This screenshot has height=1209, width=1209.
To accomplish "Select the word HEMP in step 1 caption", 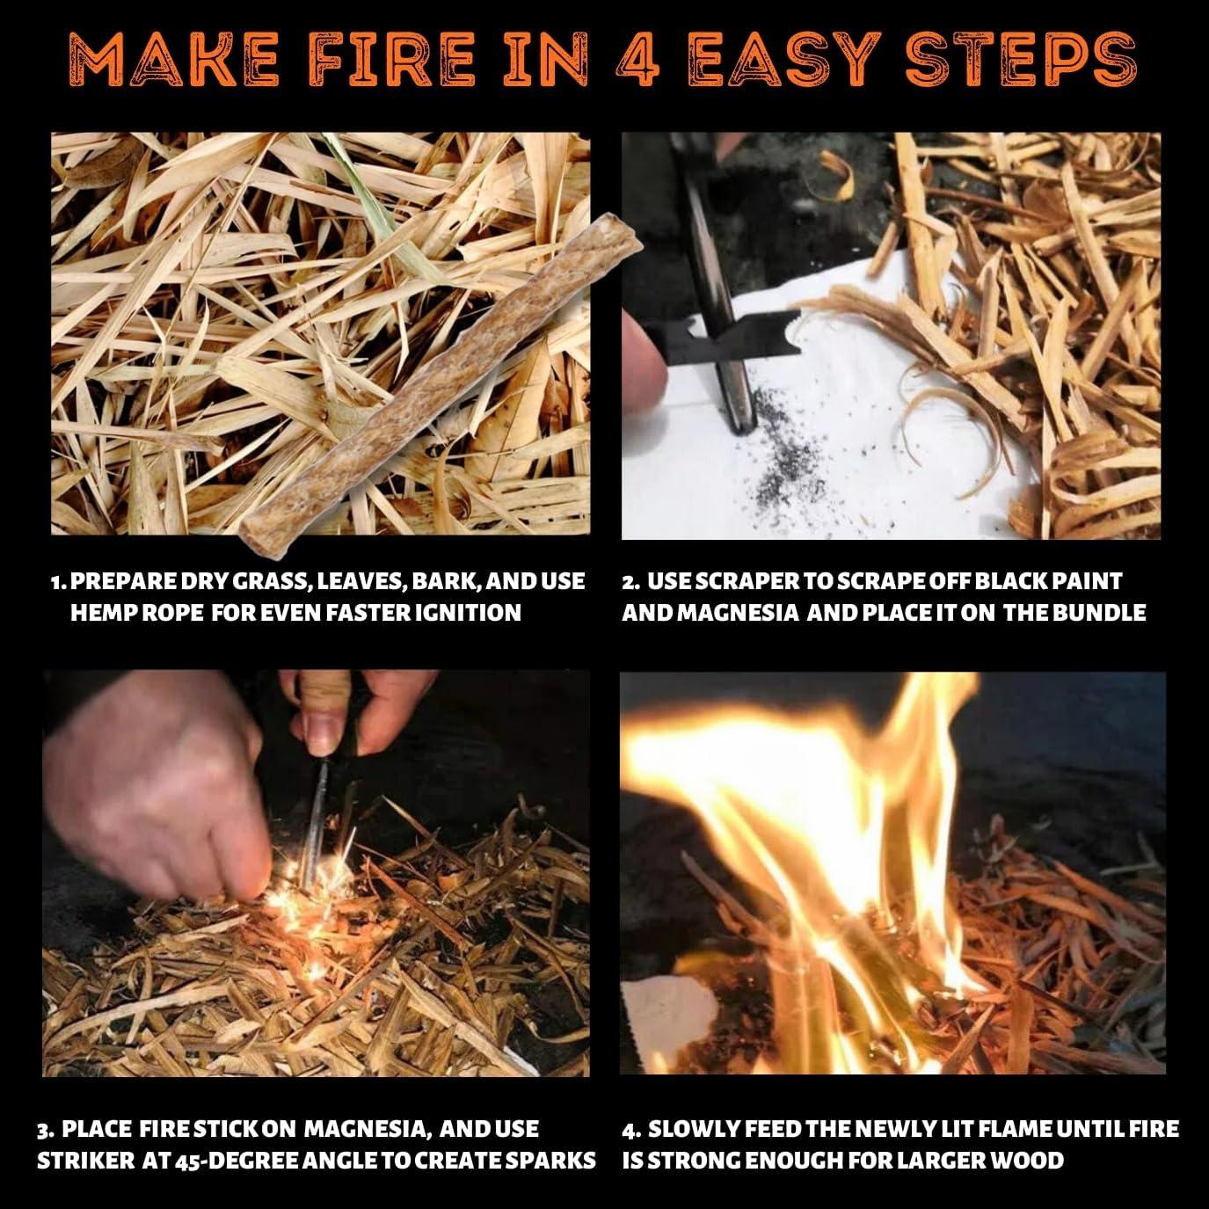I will [x=100, y=612].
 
